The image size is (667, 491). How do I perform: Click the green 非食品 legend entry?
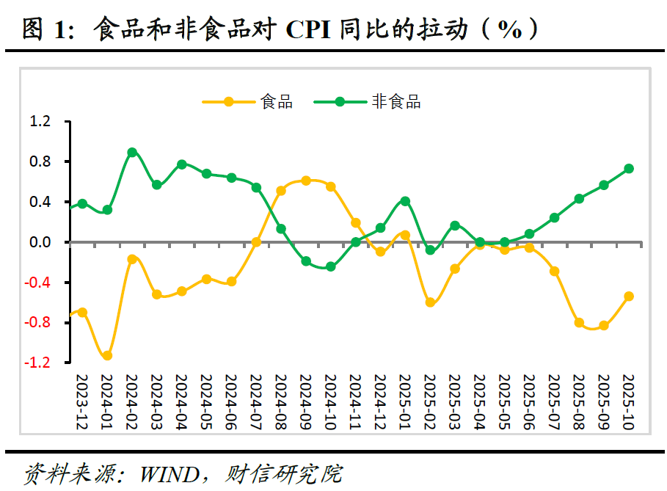pyautogui.click(x=368, y=102)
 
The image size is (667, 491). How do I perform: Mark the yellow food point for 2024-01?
pyautogui.click(x=107, y=355)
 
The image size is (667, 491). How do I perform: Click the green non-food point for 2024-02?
pyautogui.click(x=132, y=153)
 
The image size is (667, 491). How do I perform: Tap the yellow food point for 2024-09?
pyautogui.click(x=306, y=181)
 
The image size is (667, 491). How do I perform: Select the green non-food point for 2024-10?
pyautogui.click(x=331, y=266)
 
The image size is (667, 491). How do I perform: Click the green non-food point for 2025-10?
pyautogui.click(x=629, y=169)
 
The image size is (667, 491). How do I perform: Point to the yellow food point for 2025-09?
pyautogui.click(x=604, y=325)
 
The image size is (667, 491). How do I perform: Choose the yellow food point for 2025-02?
pyautogui.click(x=430, y=302)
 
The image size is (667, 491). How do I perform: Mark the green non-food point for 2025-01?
pyautogui.click(x=405, y=201)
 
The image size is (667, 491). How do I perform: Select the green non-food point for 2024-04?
pyautogui.click(x=182, y=164)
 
